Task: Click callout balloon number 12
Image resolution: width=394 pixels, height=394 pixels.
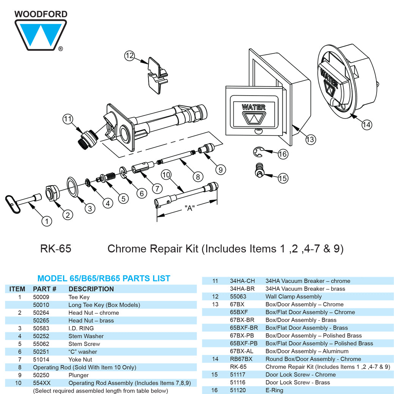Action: tap(130, 56)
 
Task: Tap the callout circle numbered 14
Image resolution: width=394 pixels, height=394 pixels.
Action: tap(366, 125)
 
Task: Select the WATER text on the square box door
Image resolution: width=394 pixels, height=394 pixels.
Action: tap(254, 107)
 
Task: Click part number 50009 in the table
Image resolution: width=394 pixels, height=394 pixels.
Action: tap(41, 297)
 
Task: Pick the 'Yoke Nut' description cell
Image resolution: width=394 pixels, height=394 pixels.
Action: tap(80, 359)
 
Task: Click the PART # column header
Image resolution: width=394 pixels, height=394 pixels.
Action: tap(44, 289)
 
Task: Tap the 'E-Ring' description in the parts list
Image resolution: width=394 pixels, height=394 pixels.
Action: tap(274, 390)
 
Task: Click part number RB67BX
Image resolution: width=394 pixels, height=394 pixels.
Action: tap(241, 359)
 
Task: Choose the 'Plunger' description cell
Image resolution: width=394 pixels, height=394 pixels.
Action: tap(79, 375)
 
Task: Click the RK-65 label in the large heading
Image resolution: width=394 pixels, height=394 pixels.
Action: tap(55, 249)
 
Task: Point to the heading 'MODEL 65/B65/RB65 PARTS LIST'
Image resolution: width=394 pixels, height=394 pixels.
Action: tap(104, 278)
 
